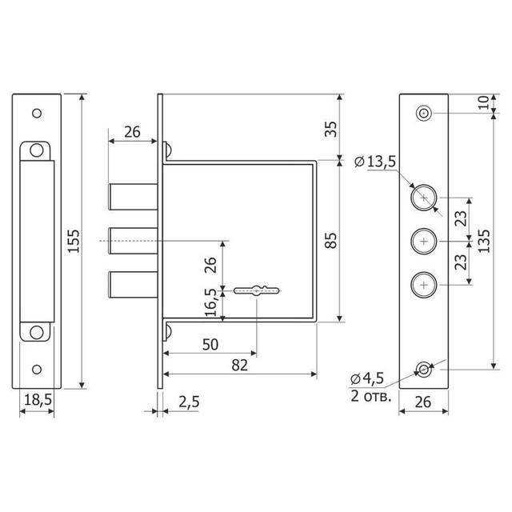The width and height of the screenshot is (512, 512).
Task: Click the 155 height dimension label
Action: click(75, 241)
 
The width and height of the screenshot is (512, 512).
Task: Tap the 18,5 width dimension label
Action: click(38, 399)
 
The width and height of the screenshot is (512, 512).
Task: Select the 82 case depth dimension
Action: click(240, 366)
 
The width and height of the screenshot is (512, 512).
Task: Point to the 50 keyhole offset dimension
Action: click(210, 345)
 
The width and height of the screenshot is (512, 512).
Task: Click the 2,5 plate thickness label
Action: click(189, 402)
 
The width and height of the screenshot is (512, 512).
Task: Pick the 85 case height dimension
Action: click(331, 241)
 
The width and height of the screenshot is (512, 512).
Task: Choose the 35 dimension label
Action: click(331, 129)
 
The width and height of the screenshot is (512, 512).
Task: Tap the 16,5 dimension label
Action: click(211, 302)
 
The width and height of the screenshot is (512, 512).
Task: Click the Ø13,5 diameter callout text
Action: click(375, 162)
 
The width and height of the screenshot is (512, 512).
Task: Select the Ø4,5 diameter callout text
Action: click(367, 378)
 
